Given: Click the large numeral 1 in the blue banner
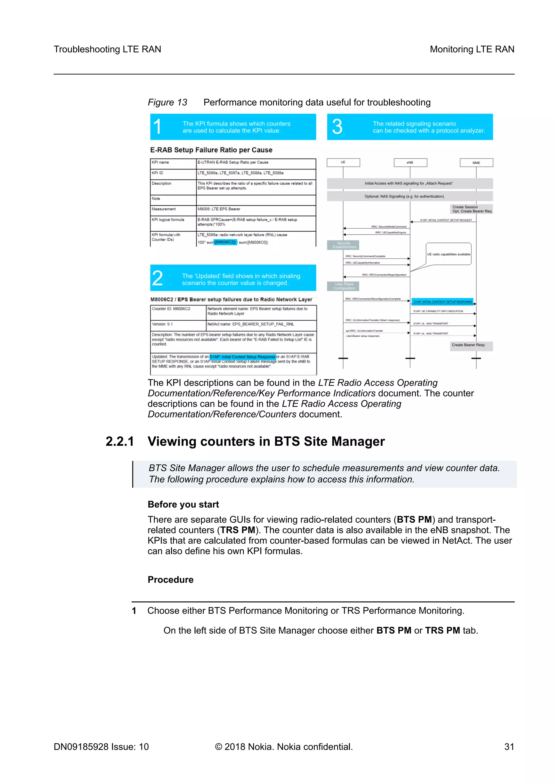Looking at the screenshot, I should click(157, 127).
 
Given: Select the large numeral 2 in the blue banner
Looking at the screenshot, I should click(157, 278).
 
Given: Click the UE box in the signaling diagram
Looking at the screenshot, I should click(343, 162).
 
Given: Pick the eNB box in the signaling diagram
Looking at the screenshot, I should click(410, 162).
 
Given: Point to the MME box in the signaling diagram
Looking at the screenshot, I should click(476, 162).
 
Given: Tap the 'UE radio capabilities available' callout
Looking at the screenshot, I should click(448, 254).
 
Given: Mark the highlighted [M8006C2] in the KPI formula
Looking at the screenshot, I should click(225, 242).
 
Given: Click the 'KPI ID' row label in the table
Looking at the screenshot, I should click(157, 173).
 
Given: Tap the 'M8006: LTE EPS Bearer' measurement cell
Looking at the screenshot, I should click(219, 209).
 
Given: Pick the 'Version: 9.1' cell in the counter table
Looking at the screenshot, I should click(163, 324).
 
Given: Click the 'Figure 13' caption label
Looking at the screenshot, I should click(167, 102).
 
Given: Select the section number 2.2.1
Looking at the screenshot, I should click(120, 441).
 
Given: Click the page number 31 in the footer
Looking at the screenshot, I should click(509, 747).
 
